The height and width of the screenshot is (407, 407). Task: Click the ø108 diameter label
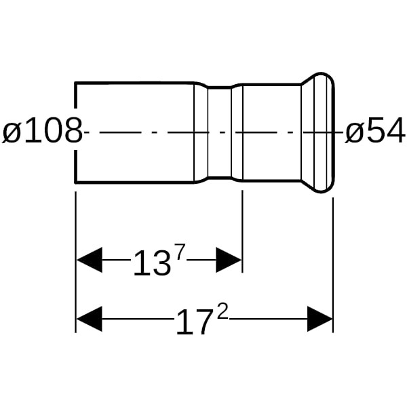pyautogui.click(x=42, y=130)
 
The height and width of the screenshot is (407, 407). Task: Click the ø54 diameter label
pyautogui.click(x=375, y=130)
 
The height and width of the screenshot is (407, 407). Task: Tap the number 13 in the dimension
pyautogui.click(x=152, y=263)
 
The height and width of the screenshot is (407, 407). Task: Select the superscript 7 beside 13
pyautogui.click(x=180, y=252)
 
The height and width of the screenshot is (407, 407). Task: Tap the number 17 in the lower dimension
pyautogui.click(x=193, y=322)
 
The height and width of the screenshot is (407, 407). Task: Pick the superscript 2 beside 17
pyautogui.click(x=222, y=311)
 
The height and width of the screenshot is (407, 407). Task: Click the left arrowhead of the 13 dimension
pyautogui.click(x=90, y=260)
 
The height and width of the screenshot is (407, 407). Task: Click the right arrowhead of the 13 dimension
pyautogui.click(x=229, y=260)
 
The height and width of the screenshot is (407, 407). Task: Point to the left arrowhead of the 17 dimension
pyautogui.click(x=90, y=319)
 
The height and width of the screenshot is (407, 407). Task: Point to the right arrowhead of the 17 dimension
pyautogui.click(x=319, y=319)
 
